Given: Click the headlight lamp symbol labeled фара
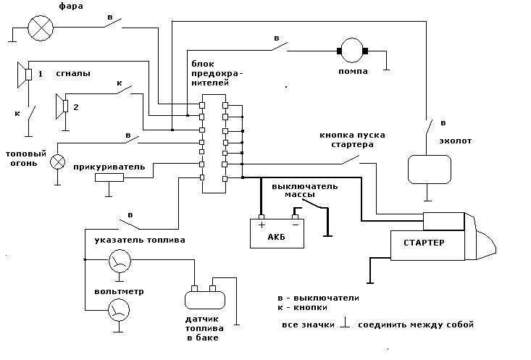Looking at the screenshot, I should click(38, 28).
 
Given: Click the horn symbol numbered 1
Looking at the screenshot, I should click(23, 74).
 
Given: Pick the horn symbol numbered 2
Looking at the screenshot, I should click(62, 106).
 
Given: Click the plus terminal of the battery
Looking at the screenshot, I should click(262, 225).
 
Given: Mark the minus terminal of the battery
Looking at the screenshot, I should click(294, 225).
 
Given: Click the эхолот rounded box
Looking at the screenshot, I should click(428, 169).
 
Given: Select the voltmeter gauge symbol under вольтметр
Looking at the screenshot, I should click(117, 311).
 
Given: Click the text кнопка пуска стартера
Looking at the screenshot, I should click(353, 140).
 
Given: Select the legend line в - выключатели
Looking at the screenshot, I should click(318, 298).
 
